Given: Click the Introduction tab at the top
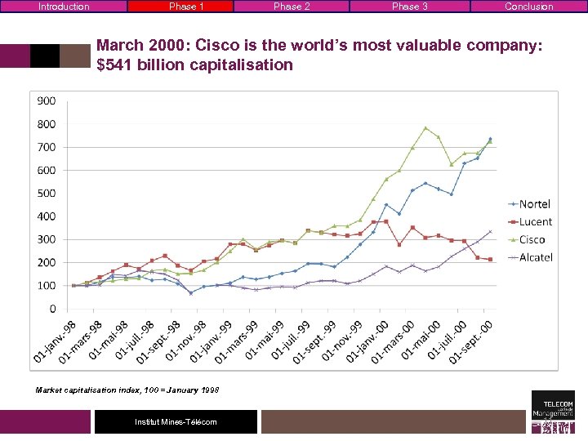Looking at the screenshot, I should tap(64, 7).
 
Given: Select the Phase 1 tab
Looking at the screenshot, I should tap(186, 7).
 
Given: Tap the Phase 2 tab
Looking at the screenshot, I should tap(292, 7).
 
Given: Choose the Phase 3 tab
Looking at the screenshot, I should tap(410, 7).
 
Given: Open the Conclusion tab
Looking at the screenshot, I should tap(528, 7).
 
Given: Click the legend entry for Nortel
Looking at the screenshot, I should tap(535, 203).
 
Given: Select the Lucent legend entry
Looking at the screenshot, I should tap(535, 221).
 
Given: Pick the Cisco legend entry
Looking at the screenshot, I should tap(532, 239).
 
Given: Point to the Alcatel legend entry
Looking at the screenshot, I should tap(536, 257).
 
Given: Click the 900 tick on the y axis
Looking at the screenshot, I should tap(46, 101).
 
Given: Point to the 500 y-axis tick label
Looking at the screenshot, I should tap(46, 194).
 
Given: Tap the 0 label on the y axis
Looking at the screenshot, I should tap(52, 309).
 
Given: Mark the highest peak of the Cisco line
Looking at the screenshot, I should tap(425, 127).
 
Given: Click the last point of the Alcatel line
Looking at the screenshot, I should tap(490, 231).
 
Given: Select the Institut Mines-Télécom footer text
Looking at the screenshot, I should tap(176, 421).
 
